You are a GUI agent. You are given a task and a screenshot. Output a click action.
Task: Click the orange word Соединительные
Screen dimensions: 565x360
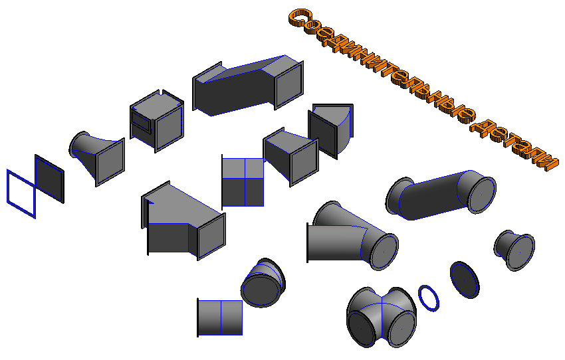tap(382, 65)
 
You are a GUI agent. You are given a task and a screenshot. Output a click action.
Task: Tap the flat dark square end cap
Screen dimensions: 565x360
tap(49, 179)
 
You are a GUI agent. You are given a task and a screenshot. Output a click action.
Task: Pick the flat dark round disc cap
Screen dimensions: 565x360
tap(465, 280)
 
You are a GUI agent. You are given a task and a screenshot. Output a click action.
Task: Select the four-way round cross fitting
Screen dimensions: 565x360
tap(382, 317)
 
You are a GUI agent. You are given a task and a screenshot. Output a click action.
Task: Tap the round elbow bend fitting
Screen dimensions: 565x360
tap(263, 282)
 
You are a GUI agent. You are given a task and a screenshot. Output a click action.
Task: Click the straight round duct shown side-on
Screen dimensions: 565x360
tap(220, 317)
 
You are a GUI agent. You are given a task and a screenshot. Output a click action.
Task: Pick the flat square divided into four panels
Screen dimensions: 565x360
tap(243, 182)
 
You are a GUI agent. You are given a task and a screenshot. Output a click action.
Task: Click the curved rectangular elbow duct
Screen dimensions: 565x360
tap(331, 130)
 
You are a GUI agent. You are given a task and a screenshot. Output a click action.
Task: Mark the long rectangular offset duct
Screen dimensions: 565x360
tap(248, 86)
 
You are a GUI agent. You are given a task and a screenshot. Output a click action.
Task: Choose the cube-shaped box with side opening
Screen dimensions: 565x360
tap(157, 121)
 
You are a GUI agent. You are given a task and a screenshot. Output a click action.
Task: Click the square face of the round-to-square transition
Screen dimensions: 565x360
tap(110, 162)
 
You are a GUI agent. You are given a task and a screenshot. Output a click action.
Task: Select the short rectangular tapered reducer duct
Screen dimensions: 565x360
tap(290, 157)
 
